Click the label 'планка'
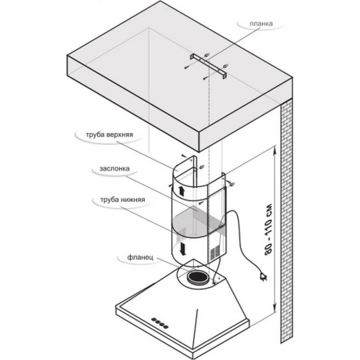tap(261, 23)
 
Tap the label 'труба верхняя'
tap(110, 135)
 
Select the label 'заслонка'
tap(114, 169)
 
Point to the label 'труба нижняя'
tap(123, 200)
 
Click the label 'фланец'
tap(140, 257)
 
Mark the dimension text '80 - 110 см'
tap(268, 229)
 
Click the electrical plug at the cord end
tap(264, 276)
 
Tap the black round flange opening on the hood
tap(198, 277)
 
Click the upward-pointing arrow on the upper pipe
tap(182, 191)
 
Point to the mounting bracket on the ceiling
tap(208, 65)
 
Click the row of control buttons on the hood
tap(160, 322)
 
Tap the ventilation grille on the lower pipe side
tap(215, 253)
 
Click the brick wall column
tap(286, 221)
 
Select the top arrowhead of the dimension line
tap(274, 150)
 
